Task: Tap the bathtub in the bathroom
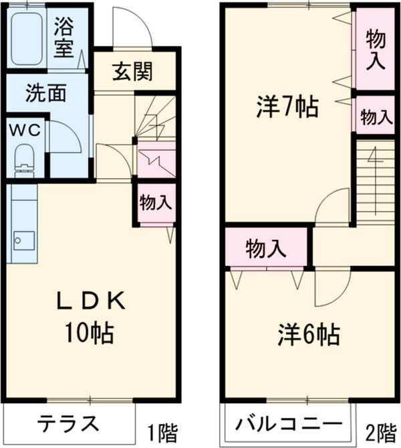click(28, 39)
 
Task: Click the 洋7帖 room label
click(287, 107)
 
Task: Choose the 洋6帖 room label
click(308, 333)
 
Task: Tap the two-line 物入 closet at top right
click(375, 51)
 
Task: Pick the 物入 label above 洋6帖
click(267, 248)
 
